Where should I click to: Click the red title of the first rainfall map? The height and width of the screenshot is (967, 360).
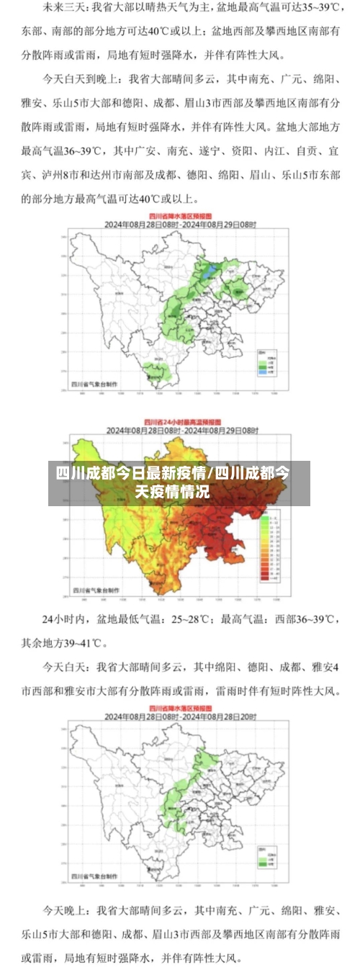coord(180,215)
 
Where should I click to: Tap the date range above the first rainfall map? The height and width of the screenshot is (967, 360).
coord(180,224)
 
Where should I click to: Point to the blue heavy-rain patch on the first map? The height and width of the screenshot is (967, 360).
coord(210,272)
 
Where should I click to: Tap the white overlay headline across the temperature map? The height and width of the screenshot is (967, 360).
coord(180,482)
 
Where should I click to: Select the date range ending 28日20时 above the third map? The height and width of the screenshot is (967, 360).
coord(180,717)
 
